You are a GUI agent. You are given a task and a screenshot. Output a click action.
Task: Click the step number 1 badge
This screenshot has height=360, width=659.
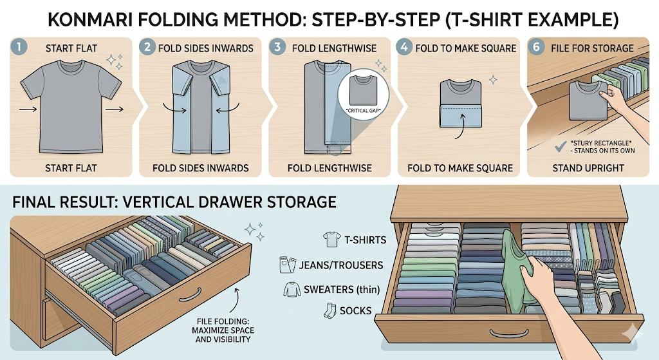point(19,46)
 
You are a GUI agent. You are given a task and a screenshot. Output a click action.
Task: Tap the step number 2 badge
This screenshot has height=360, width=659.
point(147,46)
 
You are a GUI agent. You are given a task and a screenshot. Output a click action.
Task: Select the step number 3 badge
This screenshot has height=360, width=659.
point(277,46)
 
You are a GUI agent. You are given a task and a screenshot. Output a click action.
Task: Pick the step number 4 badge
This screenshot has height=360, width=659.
point(404,46)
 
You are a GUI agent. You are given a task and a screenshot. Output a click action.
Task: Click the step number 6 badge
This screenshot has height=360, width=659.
point(536,46)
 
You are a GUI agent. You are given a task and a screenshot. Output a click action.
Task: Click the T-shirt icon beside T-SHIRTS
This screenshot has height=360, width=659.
point(331,240)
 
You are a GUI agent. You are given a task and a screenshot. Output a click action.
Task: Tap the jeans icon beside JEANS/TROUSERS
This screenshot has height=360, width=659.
point(288,265)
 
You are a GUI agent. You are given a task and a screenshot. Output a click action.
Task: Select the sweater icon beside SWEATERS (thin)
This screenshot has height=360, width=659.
point(292,290)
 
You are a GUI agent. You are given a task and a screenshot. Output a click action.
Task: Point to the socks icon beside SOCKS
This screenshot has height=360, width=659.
point(330,310)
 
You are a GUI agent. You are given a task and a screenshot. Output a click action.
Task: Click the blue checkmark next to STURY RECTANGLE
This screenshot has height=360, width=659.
point(561,146)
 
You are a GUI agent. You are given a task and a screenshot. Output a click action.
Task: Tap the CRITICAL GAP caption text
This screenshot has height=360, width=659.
point(363,111)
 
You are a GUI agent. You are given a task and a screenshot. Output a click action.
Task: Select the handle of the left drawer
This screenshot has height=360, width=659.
point(191,294)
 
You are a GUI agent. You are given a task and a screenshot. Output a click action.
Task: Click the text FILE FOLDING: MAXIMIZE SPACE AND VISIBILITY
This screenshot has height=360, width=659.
point(223,330)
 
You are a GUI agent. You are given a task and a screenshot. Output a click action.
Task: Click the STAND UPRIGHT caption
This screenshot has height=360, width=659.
point(588,168)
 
